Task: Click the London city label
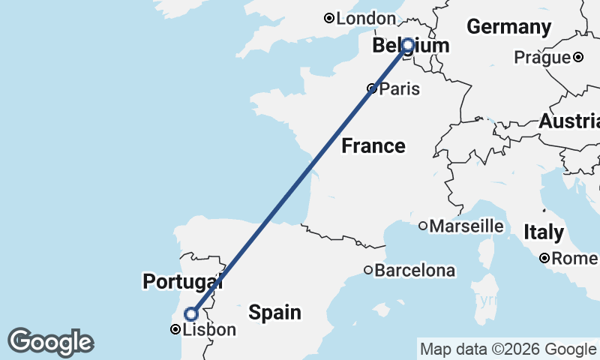click(x=366, y=18)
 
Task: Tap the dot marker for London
click(x=328, y=18)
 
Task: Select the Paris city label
click(x=400, y=89)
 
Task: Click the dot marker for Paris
click(x=371, y=88)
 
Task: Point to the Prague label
click(x=542, y=58)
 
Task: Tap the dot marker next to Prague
click(x=578, y=57)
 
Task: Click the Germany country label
click(x=508, y=27)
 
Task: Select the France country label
click(x=373, y=145)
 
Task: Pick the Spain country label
click(x=275, y=312)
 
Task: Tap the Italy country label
click(x=544, y=232)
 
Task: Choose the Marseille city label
click(x=466, y=226)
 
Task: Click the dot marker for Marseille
click(x=423, y=226)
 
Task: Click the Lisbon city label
click(x=209, y=330)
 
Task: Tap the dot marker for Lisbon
click(x=175, y=329)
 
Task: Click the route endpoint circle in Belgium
click(x=408, y=45)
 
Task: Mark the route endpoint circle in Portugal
click(x=190, y=313)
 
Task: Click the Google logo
click(x=50, y=342)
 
